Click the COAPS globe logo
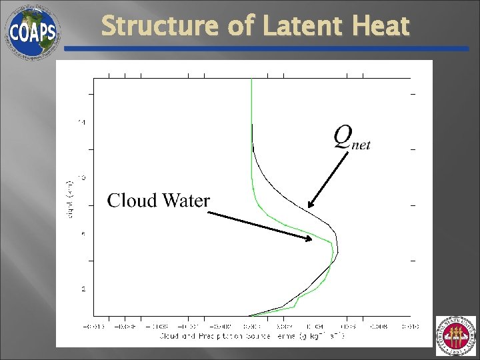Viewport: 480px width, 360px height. pos(32,31)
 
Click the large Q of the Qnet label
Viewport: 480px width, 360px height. pos(343,137)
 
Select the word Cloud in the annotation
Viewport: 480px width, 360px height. pos(131,200)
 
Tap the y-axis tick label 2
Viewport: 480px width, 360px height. pos(83,289)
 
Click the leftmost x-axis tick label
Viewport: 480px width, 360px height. pos(93,326)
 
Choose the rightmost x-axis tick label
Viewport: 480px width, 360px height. pos(410,326)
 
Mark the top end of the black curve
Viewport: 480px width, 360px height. pos(252,125)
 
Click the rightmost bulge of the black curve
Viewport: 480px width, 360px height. pos(337,252)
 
